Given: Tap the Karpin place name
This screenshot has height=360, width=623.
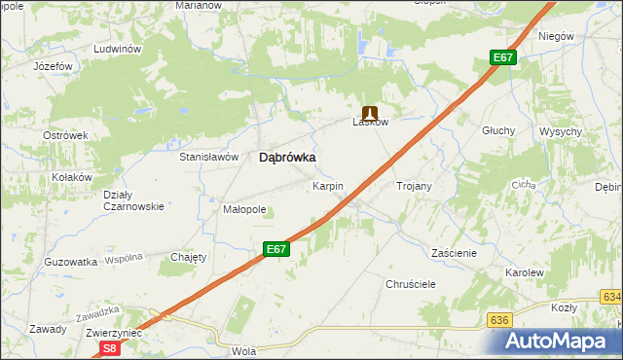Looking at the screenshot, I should [x=328, y=185].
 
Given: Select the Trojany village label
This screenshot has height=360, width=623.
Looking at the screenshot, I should [x=414, y=185].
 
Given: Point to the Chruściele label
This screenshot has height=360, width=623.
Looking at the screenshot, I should [x=410, y=283].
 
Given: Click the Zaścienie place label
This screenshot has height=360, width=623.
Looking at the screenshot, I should [x=454, y=252].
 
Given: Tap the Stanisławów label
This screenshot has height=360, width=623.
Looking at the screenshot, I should [x=208, y=156].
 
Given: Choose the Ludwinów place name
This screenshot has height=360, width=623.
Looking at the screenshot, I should [x=118, y=49].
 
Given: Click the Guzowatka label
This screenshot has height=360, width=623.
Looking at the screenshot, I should [x=71, y=262].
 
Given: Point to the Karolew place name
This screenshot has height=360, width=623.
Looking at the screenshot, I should [x=524, y=273].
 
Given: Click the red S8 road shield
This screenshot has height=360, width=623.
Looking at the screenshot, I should [x=111, y=347].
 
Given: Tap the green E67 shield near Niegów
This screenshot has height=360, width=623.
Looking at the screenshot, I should [x=502, y=58].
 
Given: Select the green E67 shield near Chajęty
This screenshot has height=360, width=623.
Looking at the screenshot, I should [x=276, y=250].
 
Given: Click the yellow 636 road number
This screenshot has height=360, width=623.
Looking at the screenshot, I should [x=500, y=319].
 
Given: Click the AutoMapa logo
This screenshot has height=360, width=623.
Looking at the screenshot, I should [x=561, y=341].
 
